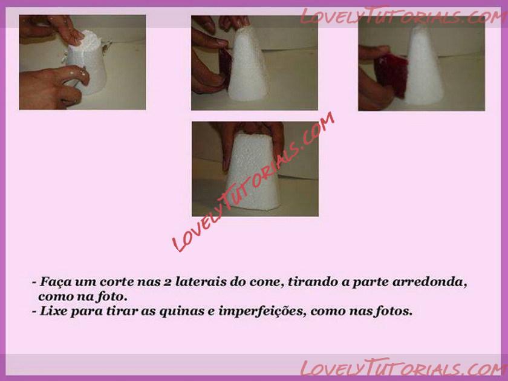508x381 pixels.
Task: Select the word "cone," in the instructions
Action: click(267, 282)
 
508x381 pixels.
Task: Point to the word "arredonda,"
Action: click(429, 282)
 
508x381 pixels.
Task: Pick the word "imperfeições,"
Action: click(262, 311)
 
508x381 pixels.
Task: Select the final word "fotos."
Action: click(394, 311)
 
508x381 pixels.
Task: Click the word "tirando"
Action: click(313, 282)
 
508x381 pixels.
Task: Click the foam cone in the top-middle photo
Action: click(248, 64)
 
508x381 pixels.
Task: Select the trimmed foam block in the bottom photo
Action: click(252, 171)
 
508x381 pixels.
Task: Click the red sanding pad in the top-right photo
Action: click(391, 75)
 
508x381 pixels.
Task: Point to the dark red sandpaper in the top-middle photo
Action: click(226, 65)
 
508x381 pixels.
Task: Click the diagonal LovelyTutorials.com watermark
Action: click(253, 181)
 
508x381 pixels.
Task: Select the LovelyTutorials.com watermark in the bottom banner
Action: click(404, 368)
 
